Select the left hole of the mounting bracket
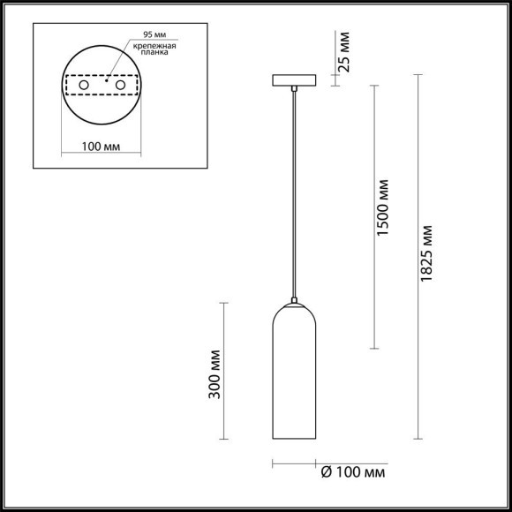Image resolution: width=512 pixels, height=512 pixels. point(85,86)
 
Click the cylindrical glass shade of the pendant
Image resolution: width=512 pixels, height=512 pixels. point(294,380)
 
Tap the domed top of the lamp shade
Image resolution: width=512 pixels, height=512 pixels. point(294,308)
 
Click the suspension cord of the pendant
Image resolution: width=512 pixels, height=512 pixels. point(294,194)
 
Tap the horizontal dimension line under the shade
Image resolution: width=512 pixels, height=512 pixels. point(294,463)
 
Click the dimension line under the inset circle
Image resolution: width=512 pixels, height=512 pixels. point(102,155)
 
